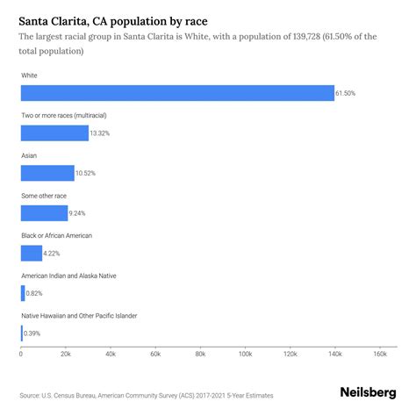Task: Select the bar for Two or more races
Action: coord(54,133)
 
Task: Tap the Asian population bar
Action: coord(47,173)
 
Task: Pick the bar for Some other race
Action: coord(44,212)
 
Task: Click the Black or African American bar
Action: coord(32,253)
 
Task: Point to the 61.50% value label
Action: coord(348,93)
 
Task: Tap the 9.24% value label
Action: coord(81,213)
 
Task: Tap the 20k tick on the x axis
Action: coord(66,354)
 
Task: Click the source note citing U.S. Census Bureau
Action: coord(145,396)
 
